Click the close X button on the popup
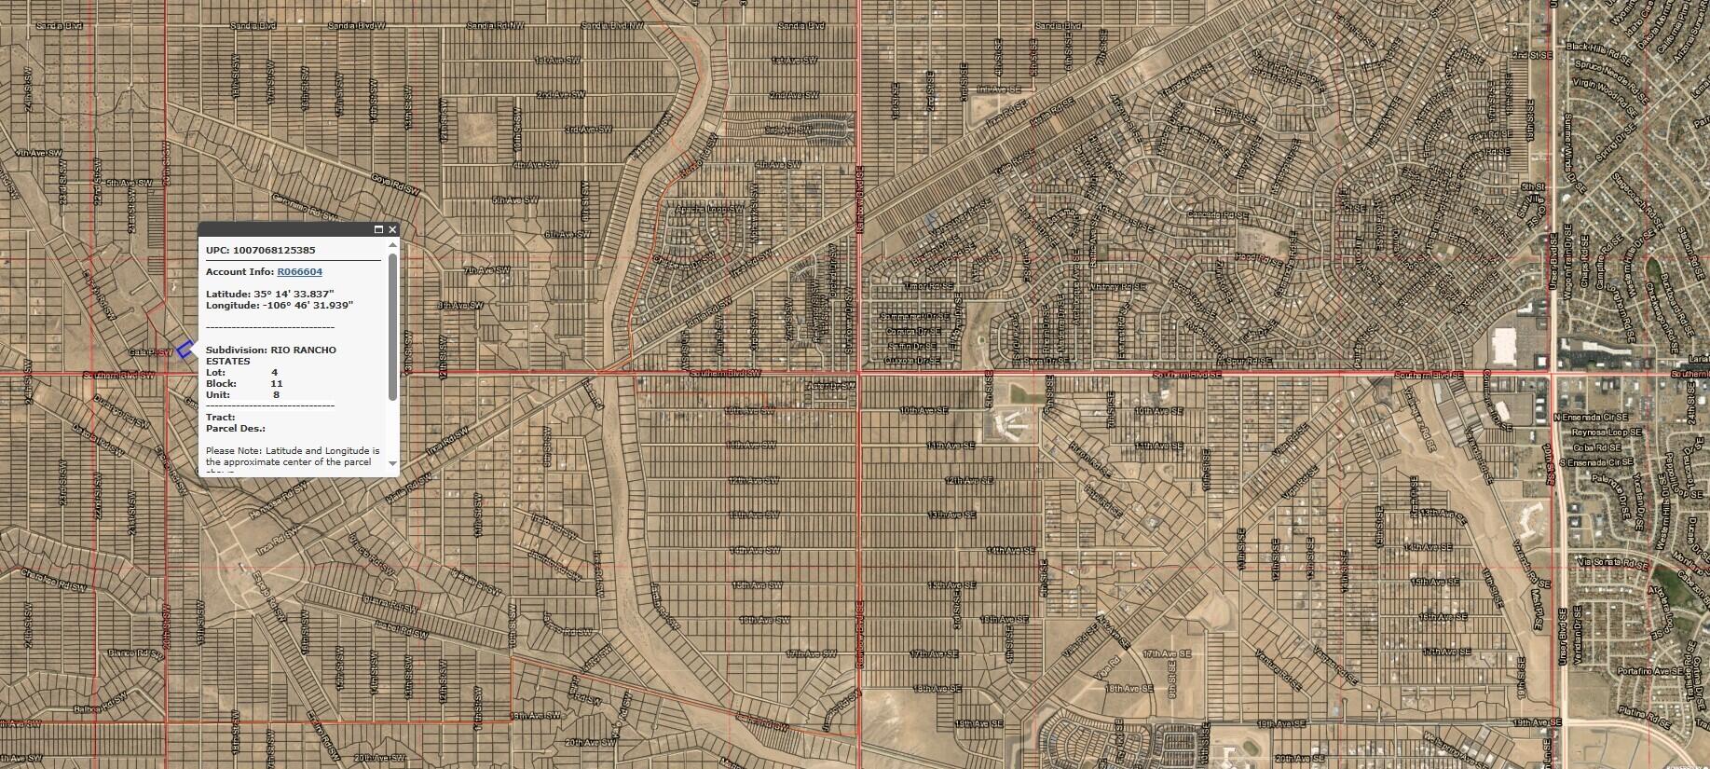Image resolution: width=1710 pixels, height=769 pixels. coord(392,229)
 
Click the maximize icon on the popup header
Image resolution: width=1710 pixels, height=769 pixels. coord(378,229)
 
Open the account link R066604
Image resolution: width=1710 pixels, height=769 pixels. coord(299,272)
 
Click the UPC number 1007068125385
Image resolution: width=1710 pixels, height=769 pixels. coord(274,251)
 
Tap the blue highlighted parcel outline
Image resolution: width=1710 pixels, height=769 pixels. coord(185,350)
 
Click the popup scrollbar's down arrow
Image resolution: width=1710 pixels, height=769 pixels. coord(392,463)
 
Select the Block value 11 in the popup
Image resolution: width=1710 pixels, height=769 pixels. coord(277,383)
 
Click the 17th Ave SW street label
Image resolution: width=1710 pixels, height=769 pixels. coord(808,654)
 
